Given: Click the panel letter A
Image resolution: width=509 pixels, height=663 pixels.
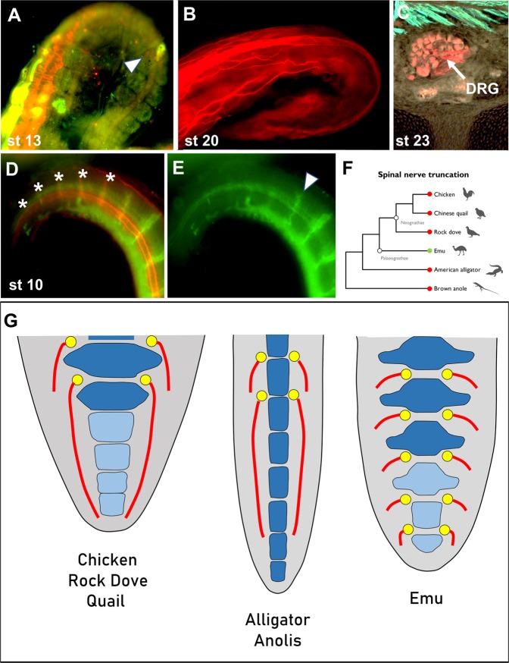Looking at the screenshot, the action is pos(14,15).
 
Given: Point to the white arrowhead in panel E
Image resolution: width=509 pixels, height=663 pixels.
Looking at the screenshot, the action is pos(307,179).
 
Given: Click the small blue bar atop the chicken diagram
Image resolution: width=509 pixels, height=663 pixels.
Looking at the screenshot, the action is pos(111,336).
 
